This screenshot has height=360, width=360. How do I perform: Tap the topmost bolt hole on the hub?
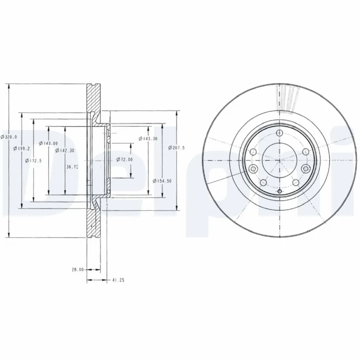point(279,133)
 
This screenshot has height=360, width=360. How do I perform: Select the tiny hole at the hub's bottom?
point(279,192)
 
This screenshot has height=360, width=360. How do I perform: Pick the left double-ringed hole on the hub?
point(252,169)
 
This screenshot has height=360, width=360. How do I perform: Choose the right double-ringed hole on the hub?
point(306,168)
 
